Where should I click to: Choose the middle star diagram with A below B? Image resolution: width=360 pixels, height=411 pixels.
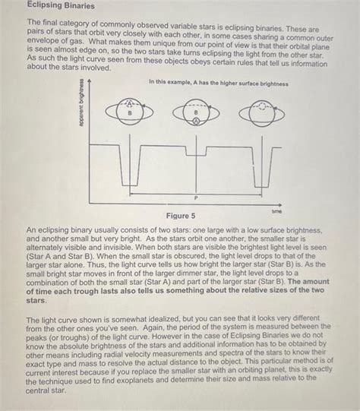(195, 114)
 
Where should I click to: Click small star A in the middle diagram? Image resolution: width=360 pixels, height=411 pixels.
(195, 120)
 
